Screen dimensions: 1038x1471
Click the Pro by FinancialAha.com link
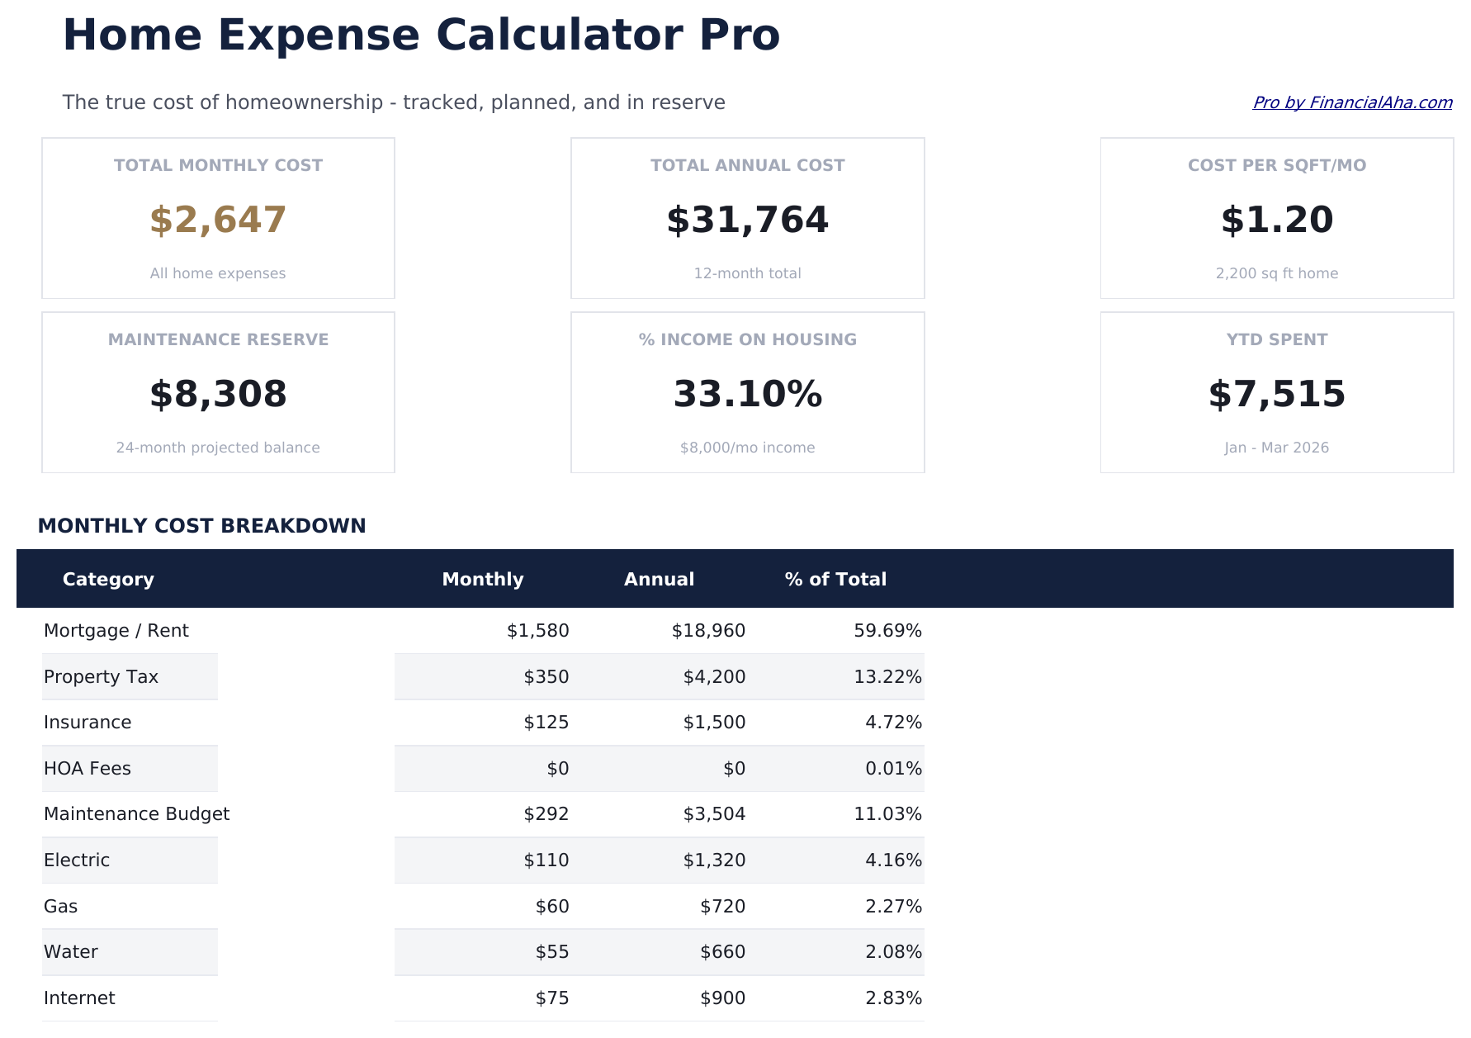(1351, 102)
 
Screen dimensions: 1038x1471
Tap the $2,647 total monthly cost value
(218, 220)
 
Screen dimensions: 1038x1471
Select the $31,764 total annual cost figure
(747, 220)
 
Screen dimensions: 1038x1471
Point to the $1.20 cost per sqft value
(1276, 220)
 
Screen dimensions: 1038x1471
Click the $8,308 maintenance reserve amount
(218, 395)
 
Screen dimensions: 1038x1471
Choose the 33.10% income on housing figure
(747, 395)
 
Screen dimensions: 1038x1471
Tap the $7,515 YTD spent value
(1276, 395)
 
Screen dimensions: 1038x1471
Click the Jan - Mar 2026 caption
(1276, 448)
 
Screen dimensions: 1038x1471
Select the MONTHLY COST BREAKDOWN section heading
(201, 526)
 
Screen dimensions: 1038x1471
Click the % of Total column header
(835, 580)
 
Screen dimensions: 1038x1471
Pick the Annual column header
(659, 580)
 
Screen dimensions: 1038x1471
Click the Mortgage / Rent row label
(116, 631)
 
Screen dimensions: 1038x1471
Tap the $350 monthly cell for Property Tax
(546, 677)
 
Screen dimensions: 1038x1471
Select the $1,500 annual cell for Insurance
(714, 723)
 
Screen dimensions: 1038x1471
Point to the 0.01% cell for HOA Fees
(893, 769)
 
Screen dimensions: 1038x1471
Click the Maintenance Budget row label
(136, 814)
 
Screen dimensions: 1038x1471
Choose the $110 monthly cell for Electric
(546, 860)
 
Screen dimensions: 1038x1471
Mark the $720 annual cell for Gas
(722, 907)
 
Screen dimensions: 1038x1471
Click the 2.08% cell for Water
(893, 952)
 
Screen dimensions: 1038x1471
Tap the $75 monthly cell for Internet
(552, 998)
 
